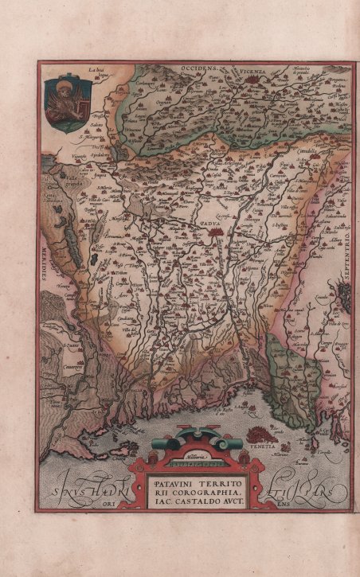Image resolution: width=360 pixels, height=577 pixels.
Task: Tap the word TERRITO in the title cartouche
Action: click(209, 483)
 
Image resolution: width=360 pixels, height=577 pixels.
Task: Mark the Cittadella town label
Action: click(303, 150)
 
